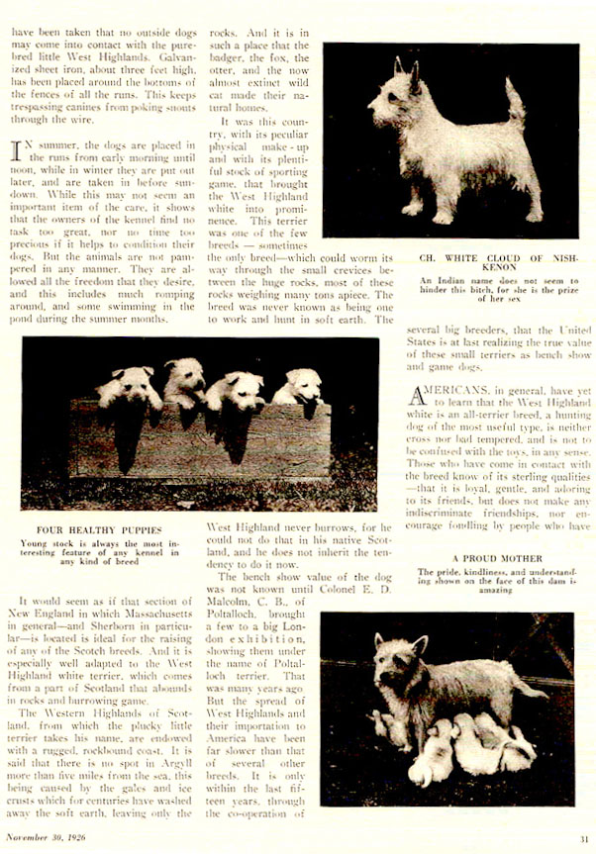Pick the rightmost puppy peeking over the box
pyautogui.click(x=299, y=388)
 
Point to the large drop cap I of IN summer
pyautogui.click(x=17, y=151)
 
